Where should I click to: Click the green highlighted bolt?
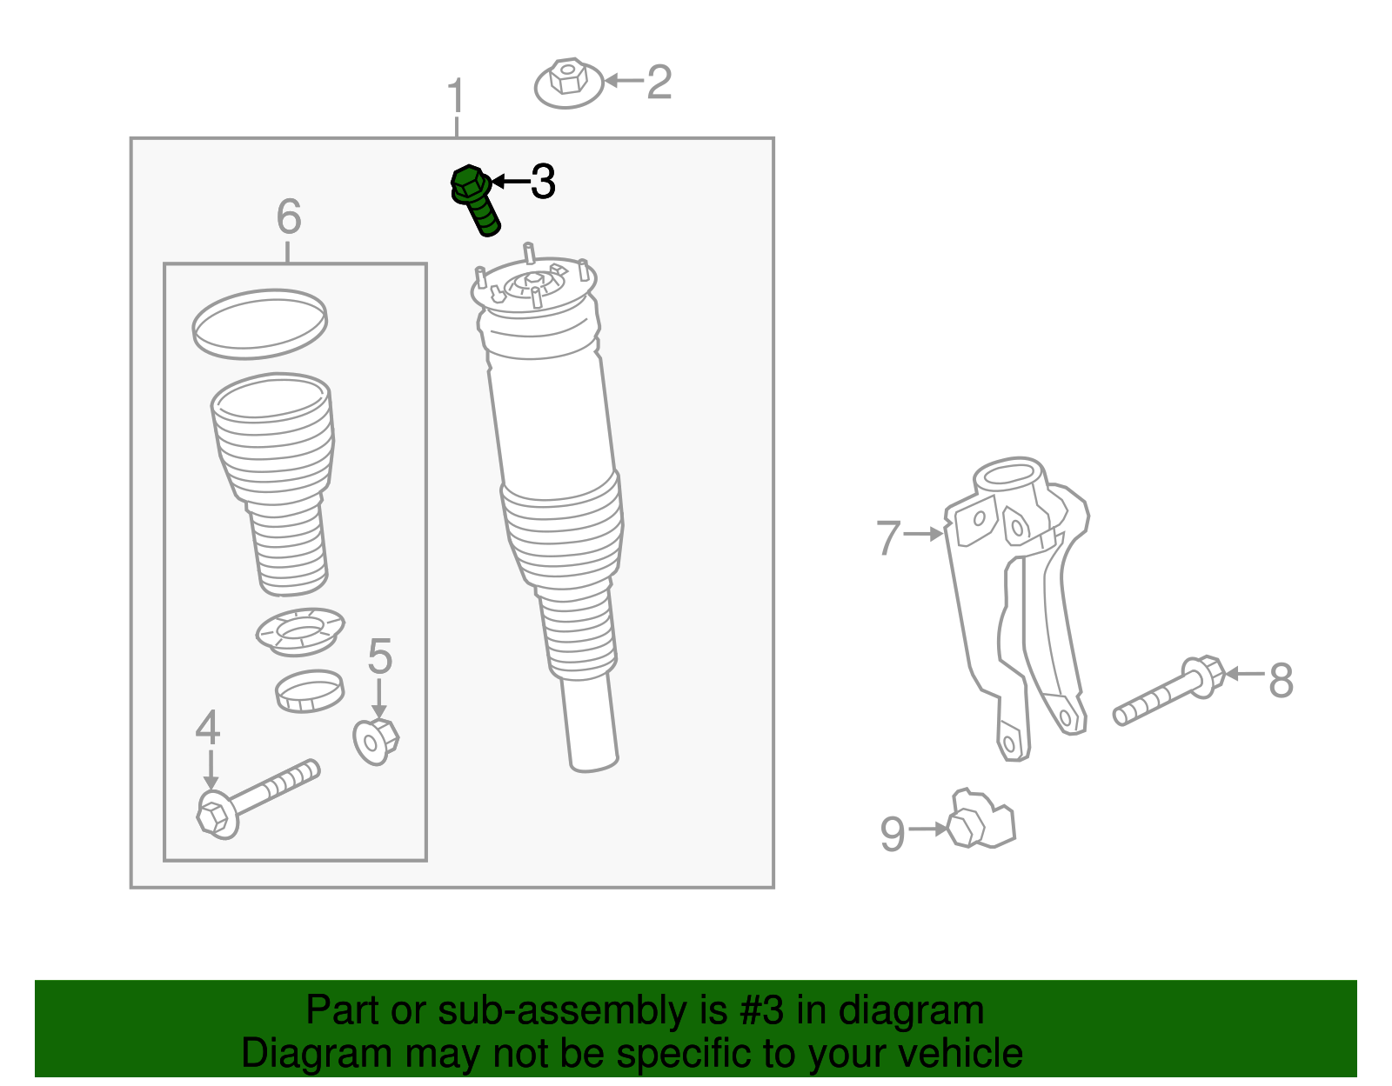click(x=475, y=199)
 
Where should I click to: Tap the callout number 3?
click(x=543, y=182)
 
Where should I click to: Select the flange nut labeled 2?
click(x=568, y=83)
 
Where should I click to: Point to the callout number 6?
click(x=289, y=217)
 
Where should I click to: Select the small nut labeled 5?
click(x=376, y=740)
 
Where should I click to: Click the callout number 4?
click(x=208, y=728)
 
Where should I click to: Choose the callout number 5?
click(x=379, y=656)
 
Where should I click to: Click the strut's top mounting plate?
click(x=533, y=288)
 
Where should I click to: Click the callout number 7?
click(x=888, y=537)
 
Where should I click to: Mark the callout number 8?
click(x=1281, y=680)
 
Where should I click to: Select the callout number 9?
click(x=893, y=834)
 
